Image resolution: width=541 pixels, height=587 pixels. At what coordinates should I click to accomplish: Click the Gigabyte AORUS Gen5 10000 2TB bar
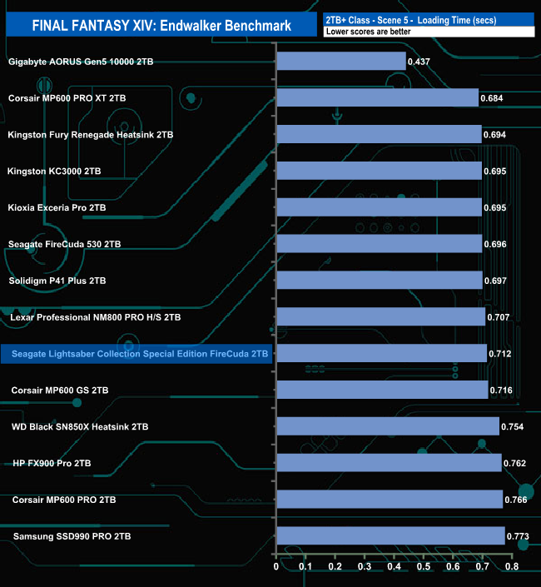[340, 62]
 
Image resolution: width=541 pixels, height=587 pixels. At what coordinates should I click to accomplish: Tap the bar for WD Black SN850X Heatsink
[387, 426]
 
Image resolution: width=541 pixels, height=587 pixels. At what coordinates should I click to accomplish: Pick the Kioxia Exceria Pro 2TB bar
[379, 207]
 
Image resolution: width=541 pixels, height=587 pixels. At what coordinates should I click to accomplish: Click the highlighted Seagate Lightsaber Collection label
[136, 354]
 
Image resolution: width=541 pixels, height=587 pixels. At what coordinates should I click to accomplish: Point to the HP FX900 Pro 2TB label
[52, 463]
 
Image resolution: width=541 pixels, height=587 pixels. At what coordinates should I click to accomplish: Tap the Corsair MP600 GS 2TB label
[60, 390]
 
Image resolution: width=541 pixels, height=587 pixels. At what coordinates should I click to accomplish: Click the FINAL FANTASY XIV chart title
[161, 26]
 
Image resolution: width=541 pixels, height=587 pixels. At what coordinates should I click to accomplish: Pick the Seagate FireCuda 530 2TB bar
[379, 244]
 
